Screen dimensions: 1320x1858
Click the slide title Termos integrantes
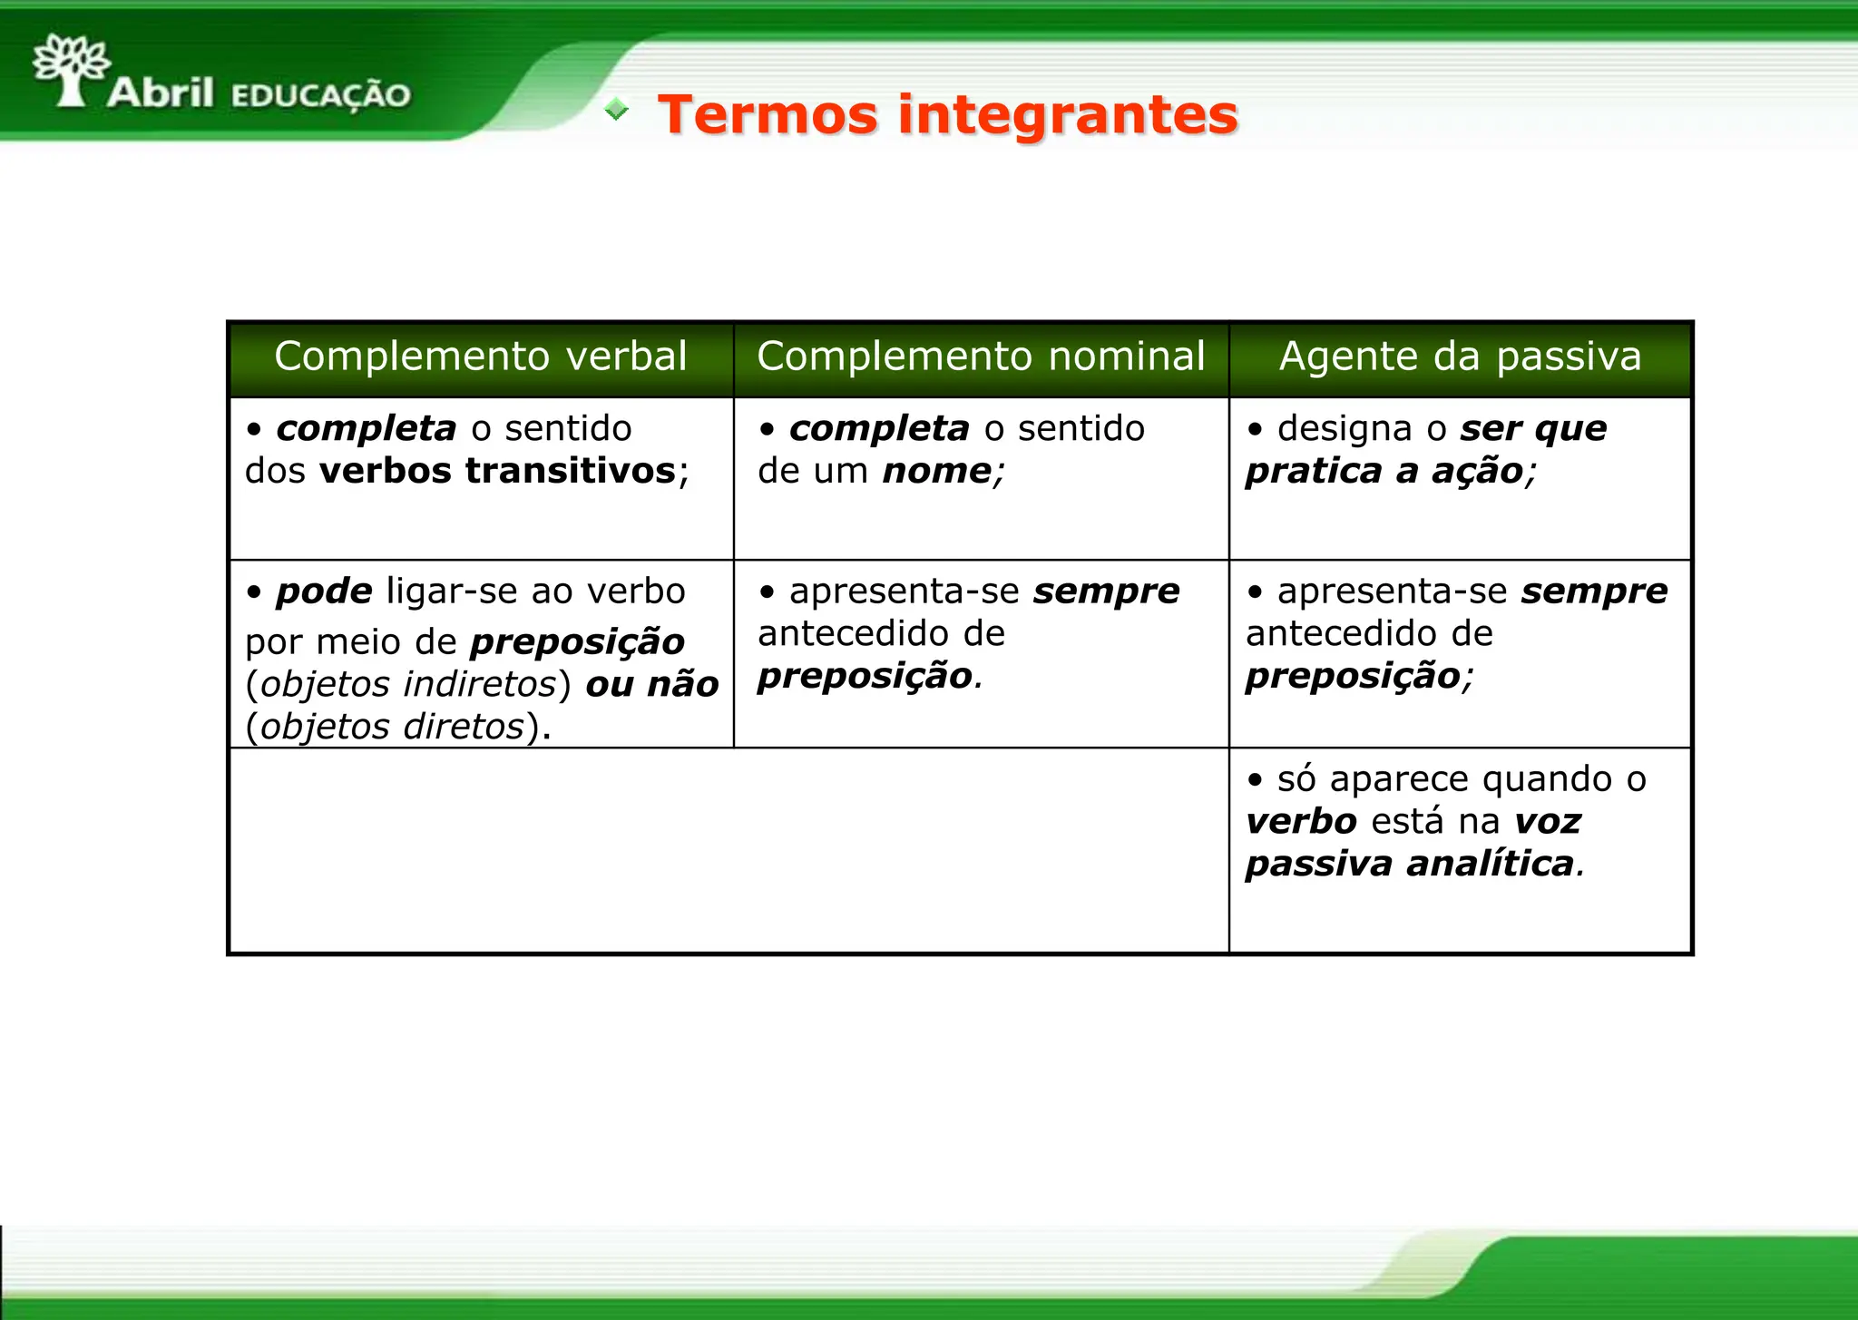coord(948,115)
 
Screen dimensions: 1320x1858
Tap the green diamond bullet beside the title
coord(616,110)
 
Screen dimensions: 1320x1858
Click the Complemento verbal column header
coord(481,357)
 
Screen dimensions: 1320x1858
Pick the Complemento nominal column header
coord(981,357)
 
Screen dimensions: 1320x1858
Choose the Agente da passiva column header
coord(1460,357)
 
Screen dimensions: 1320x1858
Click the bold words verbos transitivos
coord(498,471)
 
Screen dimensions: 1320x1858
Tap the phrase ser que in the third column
coord(1533,428)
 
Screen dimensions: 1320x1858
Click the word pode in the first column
coord(324,592)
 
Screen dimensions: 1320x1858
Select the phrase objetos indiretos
coord(407,684)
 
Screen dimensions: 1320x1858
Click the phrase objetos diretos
coord(392,727)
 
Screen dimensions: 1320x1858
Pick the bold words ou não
coord(652,684)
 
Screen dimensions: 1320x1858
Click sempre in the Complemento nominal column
coord(1106,592)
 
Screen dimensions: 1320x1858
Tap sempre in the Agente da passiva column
coord(1594,592)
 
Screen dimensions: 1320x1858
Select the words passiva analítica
coord(1409,864)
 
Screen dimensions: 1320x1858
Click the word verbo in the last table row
coord(1301,822)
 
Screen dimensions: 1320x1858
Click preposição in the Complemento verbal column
coord(578,642)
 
